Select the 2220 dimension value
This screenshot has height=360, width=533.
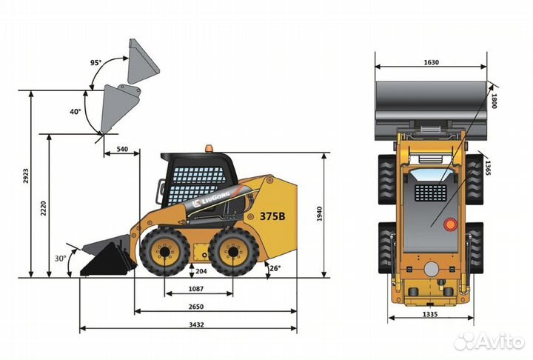44,208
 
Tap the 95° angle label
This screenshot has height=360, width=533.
95,62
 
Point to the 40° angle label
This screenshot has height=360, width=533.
75,112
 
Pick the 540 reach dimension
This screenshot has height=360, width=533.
122,150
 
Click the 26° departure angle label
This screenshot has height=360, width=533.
275,268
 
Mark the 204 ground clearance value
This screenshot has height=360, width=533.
201,272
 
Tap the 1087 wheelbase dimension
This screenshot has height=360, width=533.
197,289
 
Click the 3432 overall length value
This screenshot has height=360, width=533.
195,324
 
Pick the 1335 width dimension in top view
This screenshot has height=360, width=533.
430,314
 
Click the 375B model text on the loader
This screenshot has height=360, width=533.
272,217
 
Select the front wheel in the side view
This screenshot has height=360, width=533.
164,251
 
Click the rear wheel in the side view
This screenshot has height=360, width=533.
233,251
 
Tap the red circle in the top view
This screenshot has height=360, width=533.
449,224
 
